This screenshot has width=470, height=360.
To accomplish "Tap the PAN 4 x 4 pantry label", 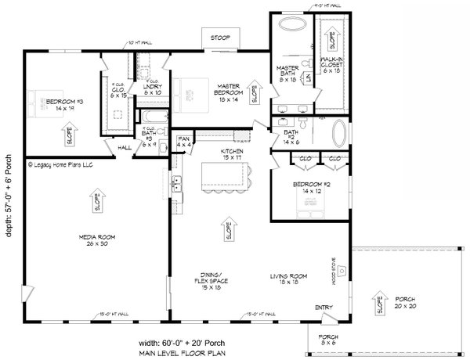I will click(x=184, y=142).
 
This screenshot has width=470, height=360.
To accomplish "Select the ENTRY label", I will click(x=324, y=306).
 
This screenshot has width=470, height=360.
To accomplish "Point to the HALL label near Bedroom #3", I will click(x=125, y=146).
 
